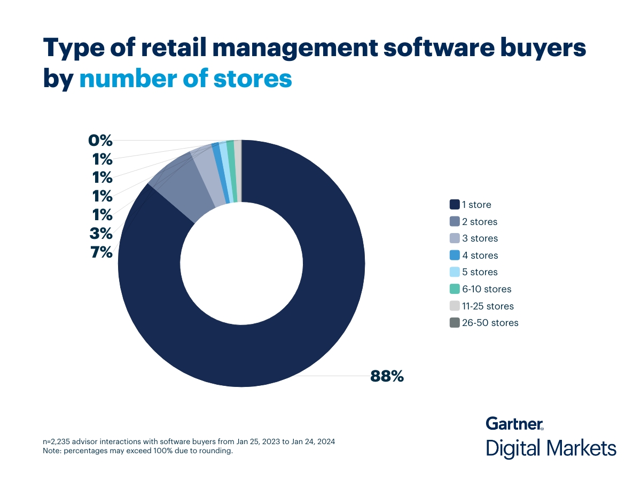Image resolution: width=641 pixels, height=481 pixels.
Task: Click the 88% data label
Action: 387,376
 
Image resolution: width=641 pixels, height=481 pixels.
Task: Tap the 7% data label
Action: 101,252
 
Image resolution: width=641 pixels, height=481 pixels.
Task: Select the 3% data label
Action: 101,234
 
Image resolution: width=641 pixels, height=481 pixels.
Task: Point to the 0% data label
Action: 100,141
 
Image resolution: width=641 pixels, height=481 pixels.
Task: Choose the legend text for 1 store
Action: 476,205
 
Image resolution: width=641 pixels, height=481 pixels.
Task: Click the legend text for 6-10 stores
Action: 487,289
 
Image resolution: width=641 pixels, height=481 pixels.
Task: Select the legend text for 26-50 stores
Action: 490,323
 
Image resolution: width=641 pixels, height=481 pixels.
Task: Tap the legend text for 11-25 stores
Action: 488,306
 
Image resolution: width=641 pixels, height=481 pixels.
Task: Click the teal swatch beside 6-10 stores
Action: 455,289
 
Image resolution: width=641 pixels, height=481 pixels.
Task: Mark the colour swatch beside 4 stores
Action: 455,255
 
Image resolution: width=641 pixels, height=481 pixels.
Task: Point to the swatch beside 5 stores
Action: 455,272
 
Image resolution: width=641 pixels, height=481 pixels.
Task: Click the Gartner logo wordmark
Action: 514,423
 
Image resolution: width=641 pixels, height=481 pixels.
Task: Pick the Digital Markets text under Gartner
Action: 551,448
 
